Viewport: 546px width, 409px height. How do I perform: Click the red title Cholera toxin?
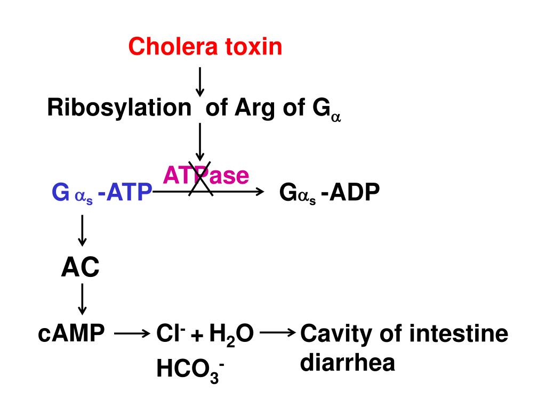point(205,47)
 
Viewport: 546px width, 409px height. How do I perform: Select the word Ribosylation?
point(119,109)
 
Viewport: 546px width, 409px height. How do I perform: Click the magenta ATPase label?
point(206,175)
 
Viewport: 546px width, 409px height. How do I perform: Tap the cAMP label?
point(72,334)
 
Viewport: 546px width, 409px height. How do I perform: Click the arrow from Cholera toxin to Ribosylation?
point(199,81)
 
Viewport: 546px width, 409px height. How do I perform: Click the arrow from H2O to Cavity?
point(278,333)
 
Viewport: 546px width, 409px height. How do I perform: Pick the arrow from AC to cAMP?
point(82,299)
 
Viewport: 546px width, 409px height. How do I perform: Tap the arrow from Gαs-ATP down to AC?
point(82,230)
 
